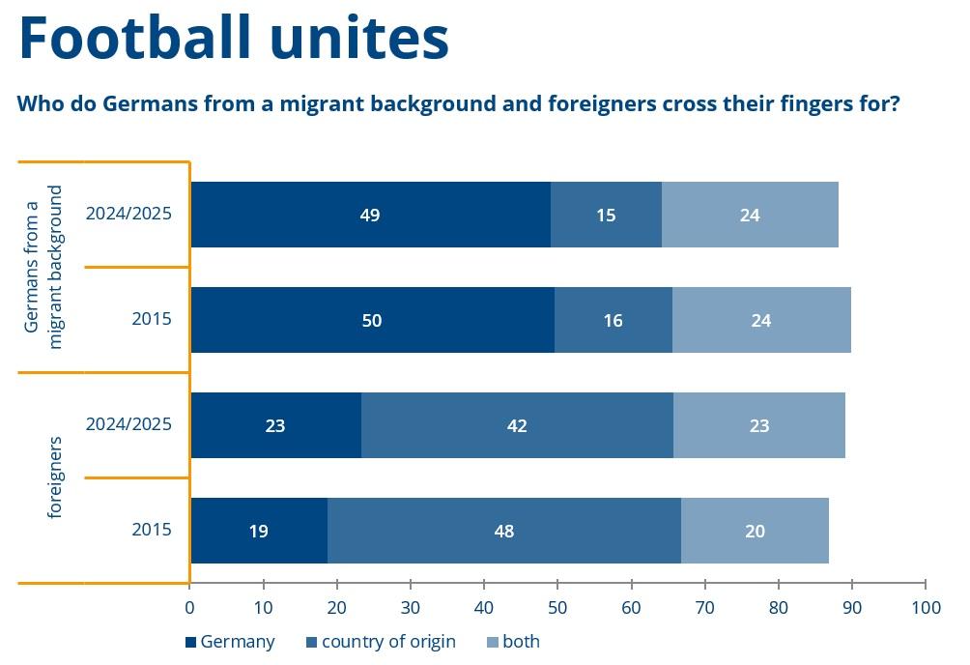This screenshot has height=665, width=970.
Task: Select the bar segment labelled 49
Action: pos(370,215)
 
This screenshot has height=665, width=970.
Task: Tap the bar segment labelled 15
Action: pos(606,215)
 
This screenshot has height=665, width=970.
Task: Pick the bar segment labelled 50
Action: pos(372,320)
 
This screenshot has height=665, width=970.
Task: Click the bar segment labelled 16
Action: pos(613,320)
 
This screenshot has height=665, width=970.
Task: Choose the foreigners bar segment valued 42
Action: pos(517,425)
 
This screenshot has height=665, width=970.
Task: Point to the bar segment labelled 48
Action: pos(503,531)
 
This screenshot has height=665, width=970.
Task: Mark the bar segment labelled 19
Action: pos(258,531)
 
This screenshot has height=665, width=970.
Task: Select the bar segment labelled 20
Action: pos(755,531)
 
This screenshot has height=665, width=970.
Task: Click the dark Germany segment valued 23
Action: pos(275,425)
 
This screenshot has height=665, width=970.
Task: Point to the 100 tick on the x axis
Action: pos(926,609)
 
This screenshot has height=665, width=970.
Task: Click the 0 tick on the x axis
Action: pos(189,609)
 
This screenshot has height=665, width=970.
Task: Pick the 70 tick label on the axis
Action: pos(705,609)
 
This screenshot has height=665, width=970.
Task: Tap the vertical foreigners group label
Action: pos(55,477)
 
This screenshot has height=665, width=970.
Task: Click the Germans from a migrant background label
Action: pos(45,267)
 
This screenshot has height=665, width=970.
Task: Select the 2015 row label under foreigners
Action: pos(152,530)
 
